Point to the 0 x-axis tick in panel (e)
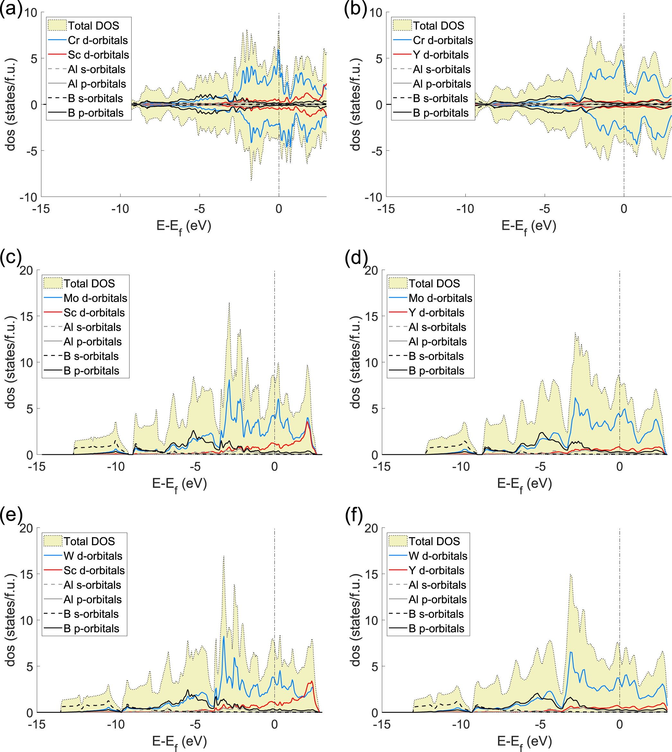(274, 724)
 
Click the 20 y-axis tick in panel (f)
(371, 529)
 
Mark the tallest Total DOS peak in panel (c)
(229, 303)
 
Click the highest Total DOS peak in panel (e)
(223, 556)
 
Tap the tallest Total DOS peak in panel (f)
(570, 575)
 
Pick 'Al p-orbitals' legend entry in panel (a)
(96, 84)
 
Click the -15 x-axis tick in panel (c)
(37, 467)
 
